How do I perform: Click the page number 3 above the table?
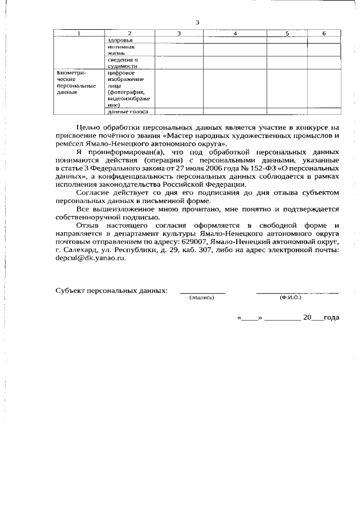[x=197, y=22]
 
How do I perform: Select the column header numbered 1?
[x=78, y=34]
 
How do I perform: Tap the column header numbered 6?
[x=324, y=34]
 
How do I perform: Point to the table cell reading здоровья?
[x=119, y=41]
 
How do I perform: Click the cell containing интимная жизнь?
[x=119, y=51]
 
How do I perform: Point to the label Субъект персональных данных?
[x=111, y=291]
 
